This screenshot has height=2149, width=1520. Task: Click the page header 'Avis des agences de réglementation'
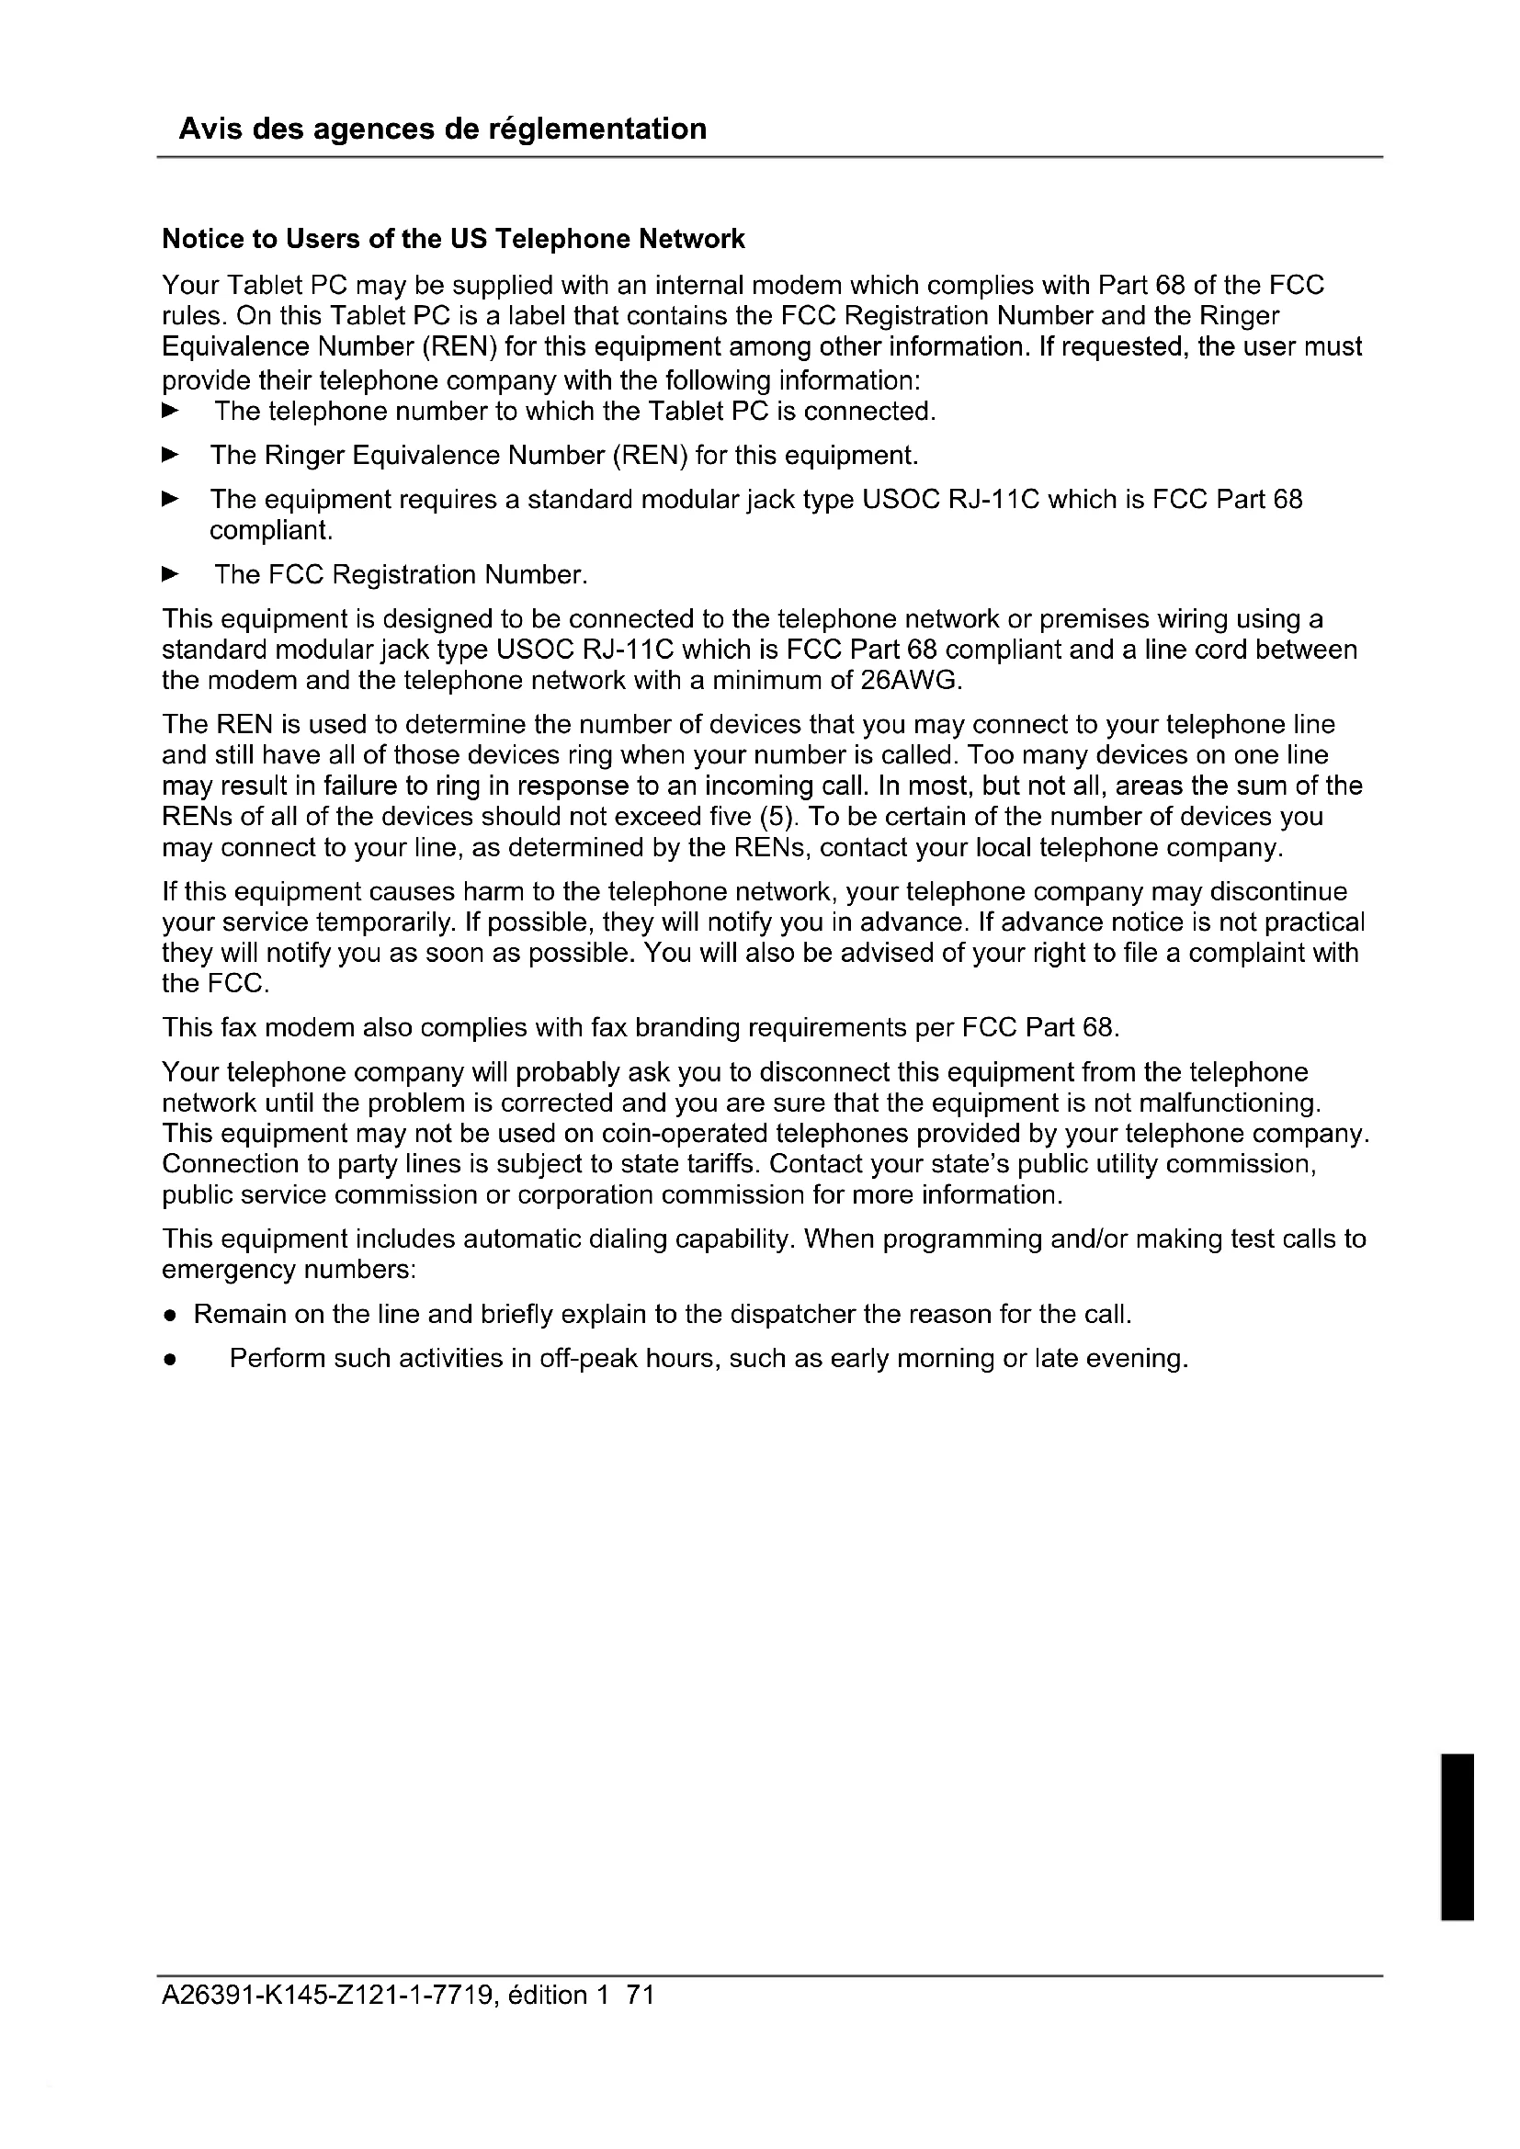pos(442,129)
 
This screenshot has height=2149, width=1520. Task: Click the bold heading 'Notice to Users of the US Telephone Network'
pos(453,239)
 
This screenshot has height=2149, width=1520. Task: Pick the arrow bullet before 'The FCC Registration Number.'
pos(169,573)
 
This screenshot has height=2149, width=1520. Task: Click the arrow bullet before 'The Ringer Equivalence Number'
pos(169,455)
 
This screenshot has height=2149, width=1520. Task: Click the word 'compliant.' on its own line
pos(270,531)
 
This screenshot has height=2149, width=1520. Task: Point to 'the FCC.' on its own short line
pos(216,984)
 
